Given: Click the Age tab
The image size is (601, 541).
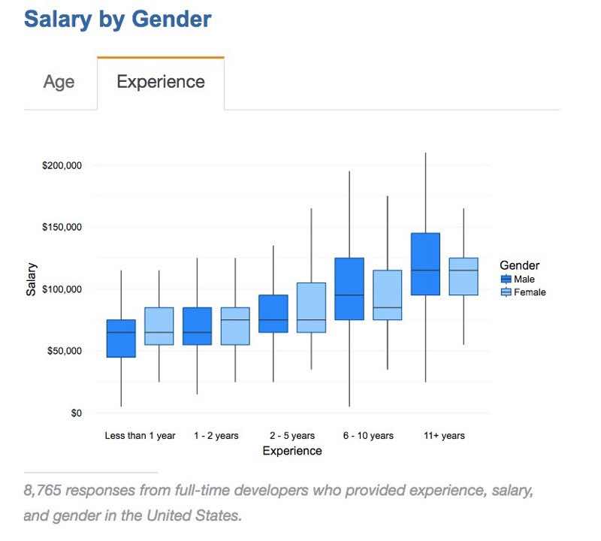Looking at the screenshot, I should pyautogui.click(x=59, y=82).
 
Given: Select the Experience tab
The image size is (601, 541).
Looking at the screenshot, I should pyautogui.click(x=161, y=82).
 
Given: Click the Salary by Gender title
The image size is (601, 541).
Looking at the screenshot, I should pyautogui.click(x=118, y=19).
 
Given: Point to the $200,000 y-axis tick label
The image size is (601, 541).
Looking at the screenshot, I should pyautogui.click(x=62, y=165).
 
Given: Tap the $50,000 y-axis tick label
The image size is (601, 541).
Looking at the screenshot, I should pyautogui.click(x=64, y=351).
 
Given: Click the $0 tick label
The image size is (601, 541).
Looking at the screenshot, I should pyautogui.click(x=76, y=413).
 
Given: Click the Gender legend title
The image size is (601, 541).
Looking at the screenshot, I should pyautogui.click(x=519, y=265).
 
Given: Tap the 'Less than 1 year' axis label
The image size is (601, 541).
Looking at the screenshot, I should pyautogui.click(x=140, y=436).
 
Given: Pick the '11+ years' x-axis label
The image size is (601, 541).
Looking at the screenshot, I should pyautogui.click(x=444, y=436).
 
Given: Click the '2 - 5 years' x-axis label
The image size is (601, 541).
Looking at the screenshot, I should pyautogui.click(x=292, y=436).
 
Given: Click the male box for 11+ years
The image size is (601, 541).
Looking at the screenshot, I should pyautogui.click(x=425, y=264).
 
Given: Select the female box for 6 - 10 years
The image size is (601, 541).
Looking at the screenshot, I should pyautogui.click(x=387, y=295).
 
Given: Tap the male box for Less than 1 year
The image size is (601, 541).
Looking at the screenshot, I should pyautogui.click(x=121, y=338).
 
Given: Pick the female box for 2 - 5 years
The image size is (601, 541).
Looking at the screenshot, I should pyautogui.click(x=311, y=307).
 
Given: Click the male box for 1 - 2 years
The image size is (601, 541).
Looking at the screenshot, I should pyautogui.click(x=197, y=326).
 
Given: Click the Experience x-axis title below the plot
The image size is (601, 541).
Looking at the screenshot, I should pyautogui.click(x=292, y=452).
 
